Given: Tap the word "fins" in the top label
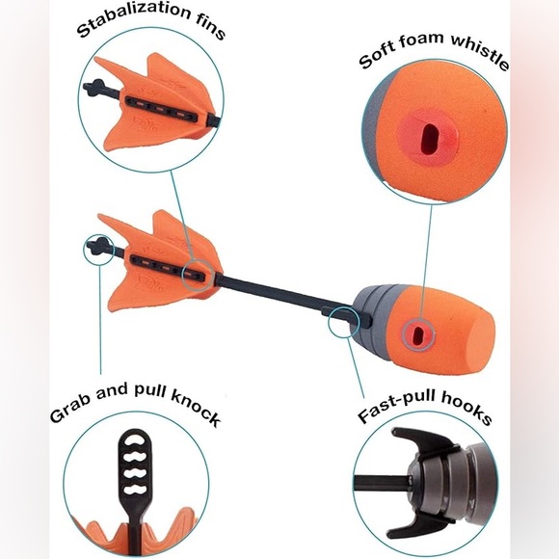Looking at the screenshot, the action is point(211,29).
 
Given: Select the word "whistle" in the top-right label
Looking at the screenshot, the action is point(480,52).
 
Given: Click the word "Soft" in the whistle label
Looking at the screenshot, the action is point(376,56).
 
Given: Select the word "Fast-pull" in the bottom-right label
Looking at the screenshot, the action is point(397,407).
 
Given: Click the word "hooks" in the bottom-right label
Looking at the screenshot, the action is point(467,407).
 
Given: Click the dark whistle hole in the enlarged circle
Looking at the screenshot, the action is point(429,140).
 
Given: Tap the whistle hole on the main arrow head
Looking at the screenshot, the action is point(417,335).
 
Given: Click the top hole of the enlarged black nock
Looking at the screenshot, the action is point(136,439).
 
